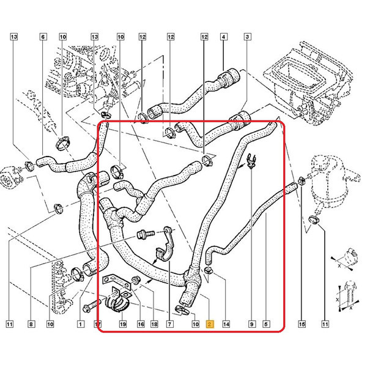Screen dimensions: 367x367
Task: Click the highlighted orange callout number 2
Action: pos(209,324)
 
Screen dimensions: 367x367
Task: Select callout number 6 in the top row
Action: pos(43,37)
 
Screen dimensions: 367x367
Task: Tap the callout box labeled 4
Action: pos(223,37)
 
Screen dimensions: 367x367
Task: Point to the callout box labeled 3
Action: pos(247,37)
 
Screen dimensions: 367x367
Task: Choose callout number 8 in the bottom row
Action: pos(31,324)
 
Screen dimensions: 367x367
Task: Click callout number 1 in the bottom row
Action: pos(81,324)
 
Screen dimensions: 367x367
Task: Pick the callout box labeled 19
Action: pos(123,324)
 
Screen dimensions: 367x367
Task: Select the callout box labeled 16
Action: pos(141,324)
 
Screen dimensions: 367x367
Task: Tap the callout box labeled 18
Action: pos(154,324)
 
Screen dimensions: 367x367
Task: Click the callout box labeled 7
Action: pos(169,324)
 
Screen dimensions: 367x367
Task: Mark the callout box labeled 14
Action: pos(226,324)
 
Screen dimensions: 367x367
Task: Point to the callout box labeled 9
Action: pos(252,324)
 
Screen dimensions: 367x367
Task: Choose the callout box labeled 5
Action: pos(266,324)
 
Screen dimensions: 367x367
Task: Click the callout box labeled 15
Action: pos(302,324)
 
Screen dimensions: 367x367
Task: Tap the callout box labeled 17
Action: pos(98,324)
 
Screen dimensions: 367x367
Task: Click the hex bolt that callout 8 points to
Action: pos(146,234)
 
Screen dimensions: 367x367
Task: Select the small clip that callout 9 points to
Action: pos(251,160)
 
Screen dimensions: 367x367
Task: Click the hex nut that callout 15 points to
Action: pos(301,182)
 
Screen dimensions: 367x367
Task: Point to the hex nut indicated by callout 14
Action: pos(208,271)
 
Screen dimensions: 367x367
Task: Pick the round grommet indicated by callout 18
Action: pos(135,280)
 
